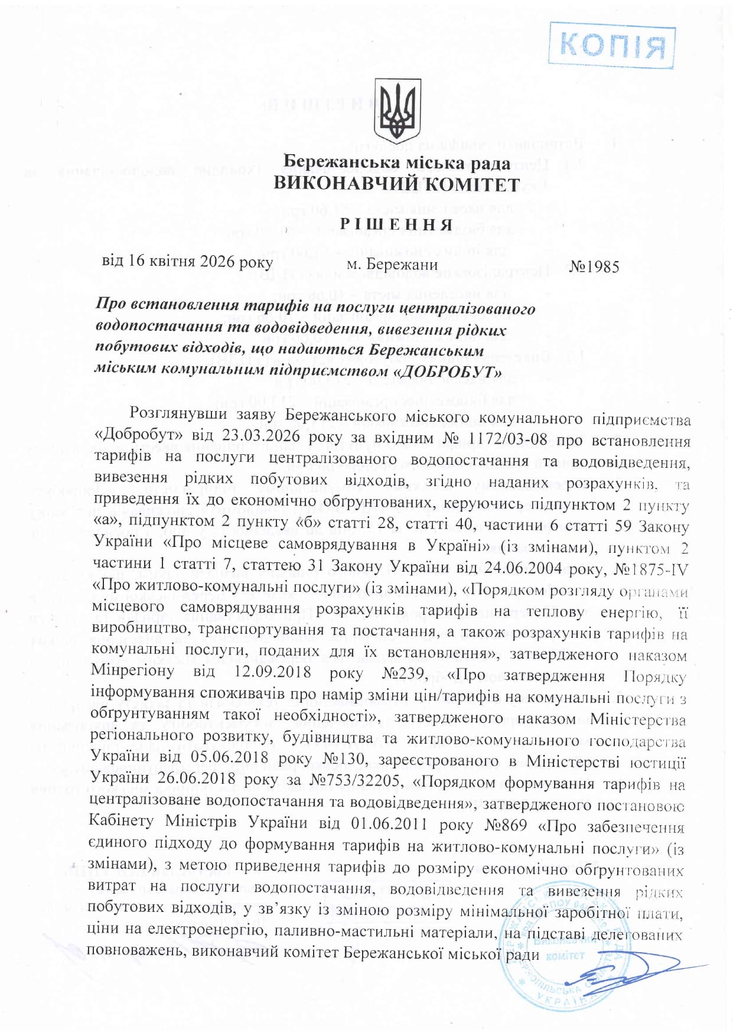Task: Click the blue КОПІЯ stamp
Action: coord(611,45)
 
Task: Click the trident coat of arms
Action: coord(398,110)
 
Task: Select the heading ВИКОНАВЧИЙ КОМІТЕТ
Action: coord(397,184)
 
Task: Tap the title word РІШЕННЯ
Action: coord(397,224)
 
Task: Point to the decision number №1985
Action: coord(595,267)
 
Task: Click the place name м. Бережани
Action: coord(392,264)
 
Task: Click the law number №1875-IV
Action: coord(651,569)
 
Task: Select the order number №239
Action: coord(412,674)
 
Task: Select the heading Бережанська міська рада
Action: coord(397,162)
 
